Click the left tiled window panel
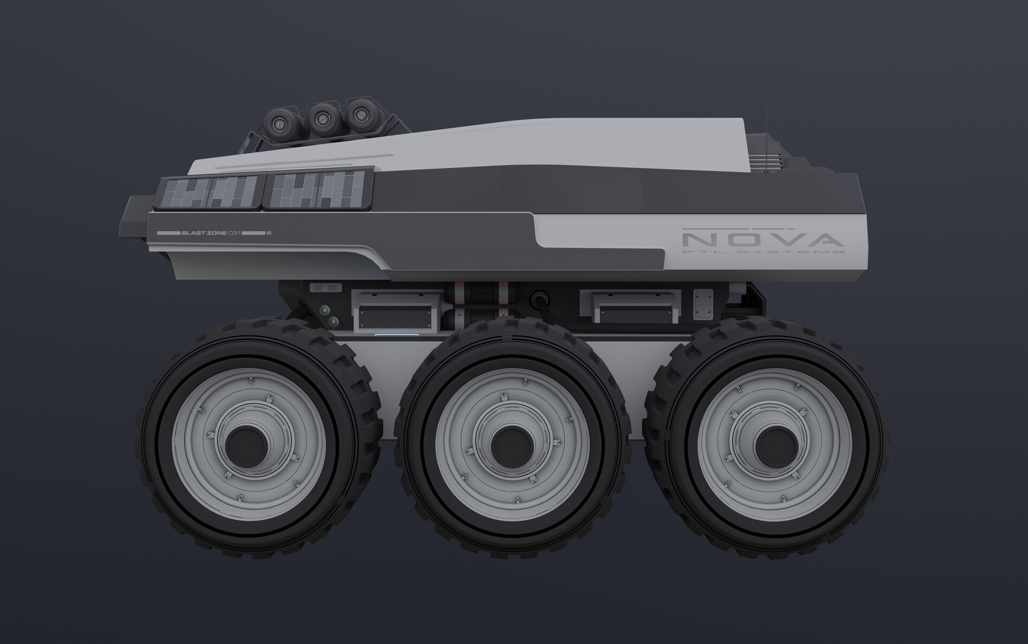(209, 192)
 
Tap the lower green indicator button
(333, 321)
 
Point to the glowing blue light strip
(396, 336)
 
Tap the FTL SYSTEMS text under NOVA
(763, 251)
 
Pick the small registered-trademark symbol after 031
(270, 233)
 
